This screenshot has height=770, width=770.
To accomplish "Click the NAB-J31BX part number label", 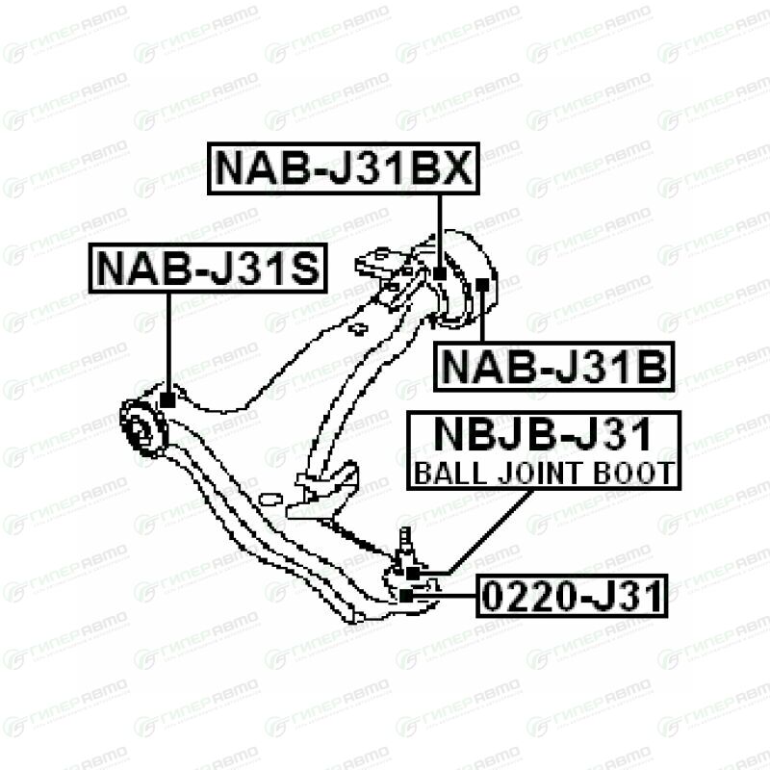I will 343,168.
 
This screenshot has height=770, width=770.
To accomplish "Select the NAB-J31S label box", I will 207,269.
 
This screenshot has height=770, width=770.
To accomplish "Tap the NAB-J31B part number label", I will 554,367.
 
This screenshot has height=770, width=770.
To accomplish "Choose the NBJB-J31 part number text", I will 544,436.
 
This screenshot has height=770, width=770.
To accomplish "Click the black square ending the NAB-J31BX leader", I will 440,273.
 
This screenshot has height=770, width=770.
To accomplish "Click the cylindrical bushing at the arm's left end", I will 140,430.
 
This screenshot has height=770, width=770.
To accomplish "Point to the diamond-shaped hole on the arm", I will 358,329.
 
